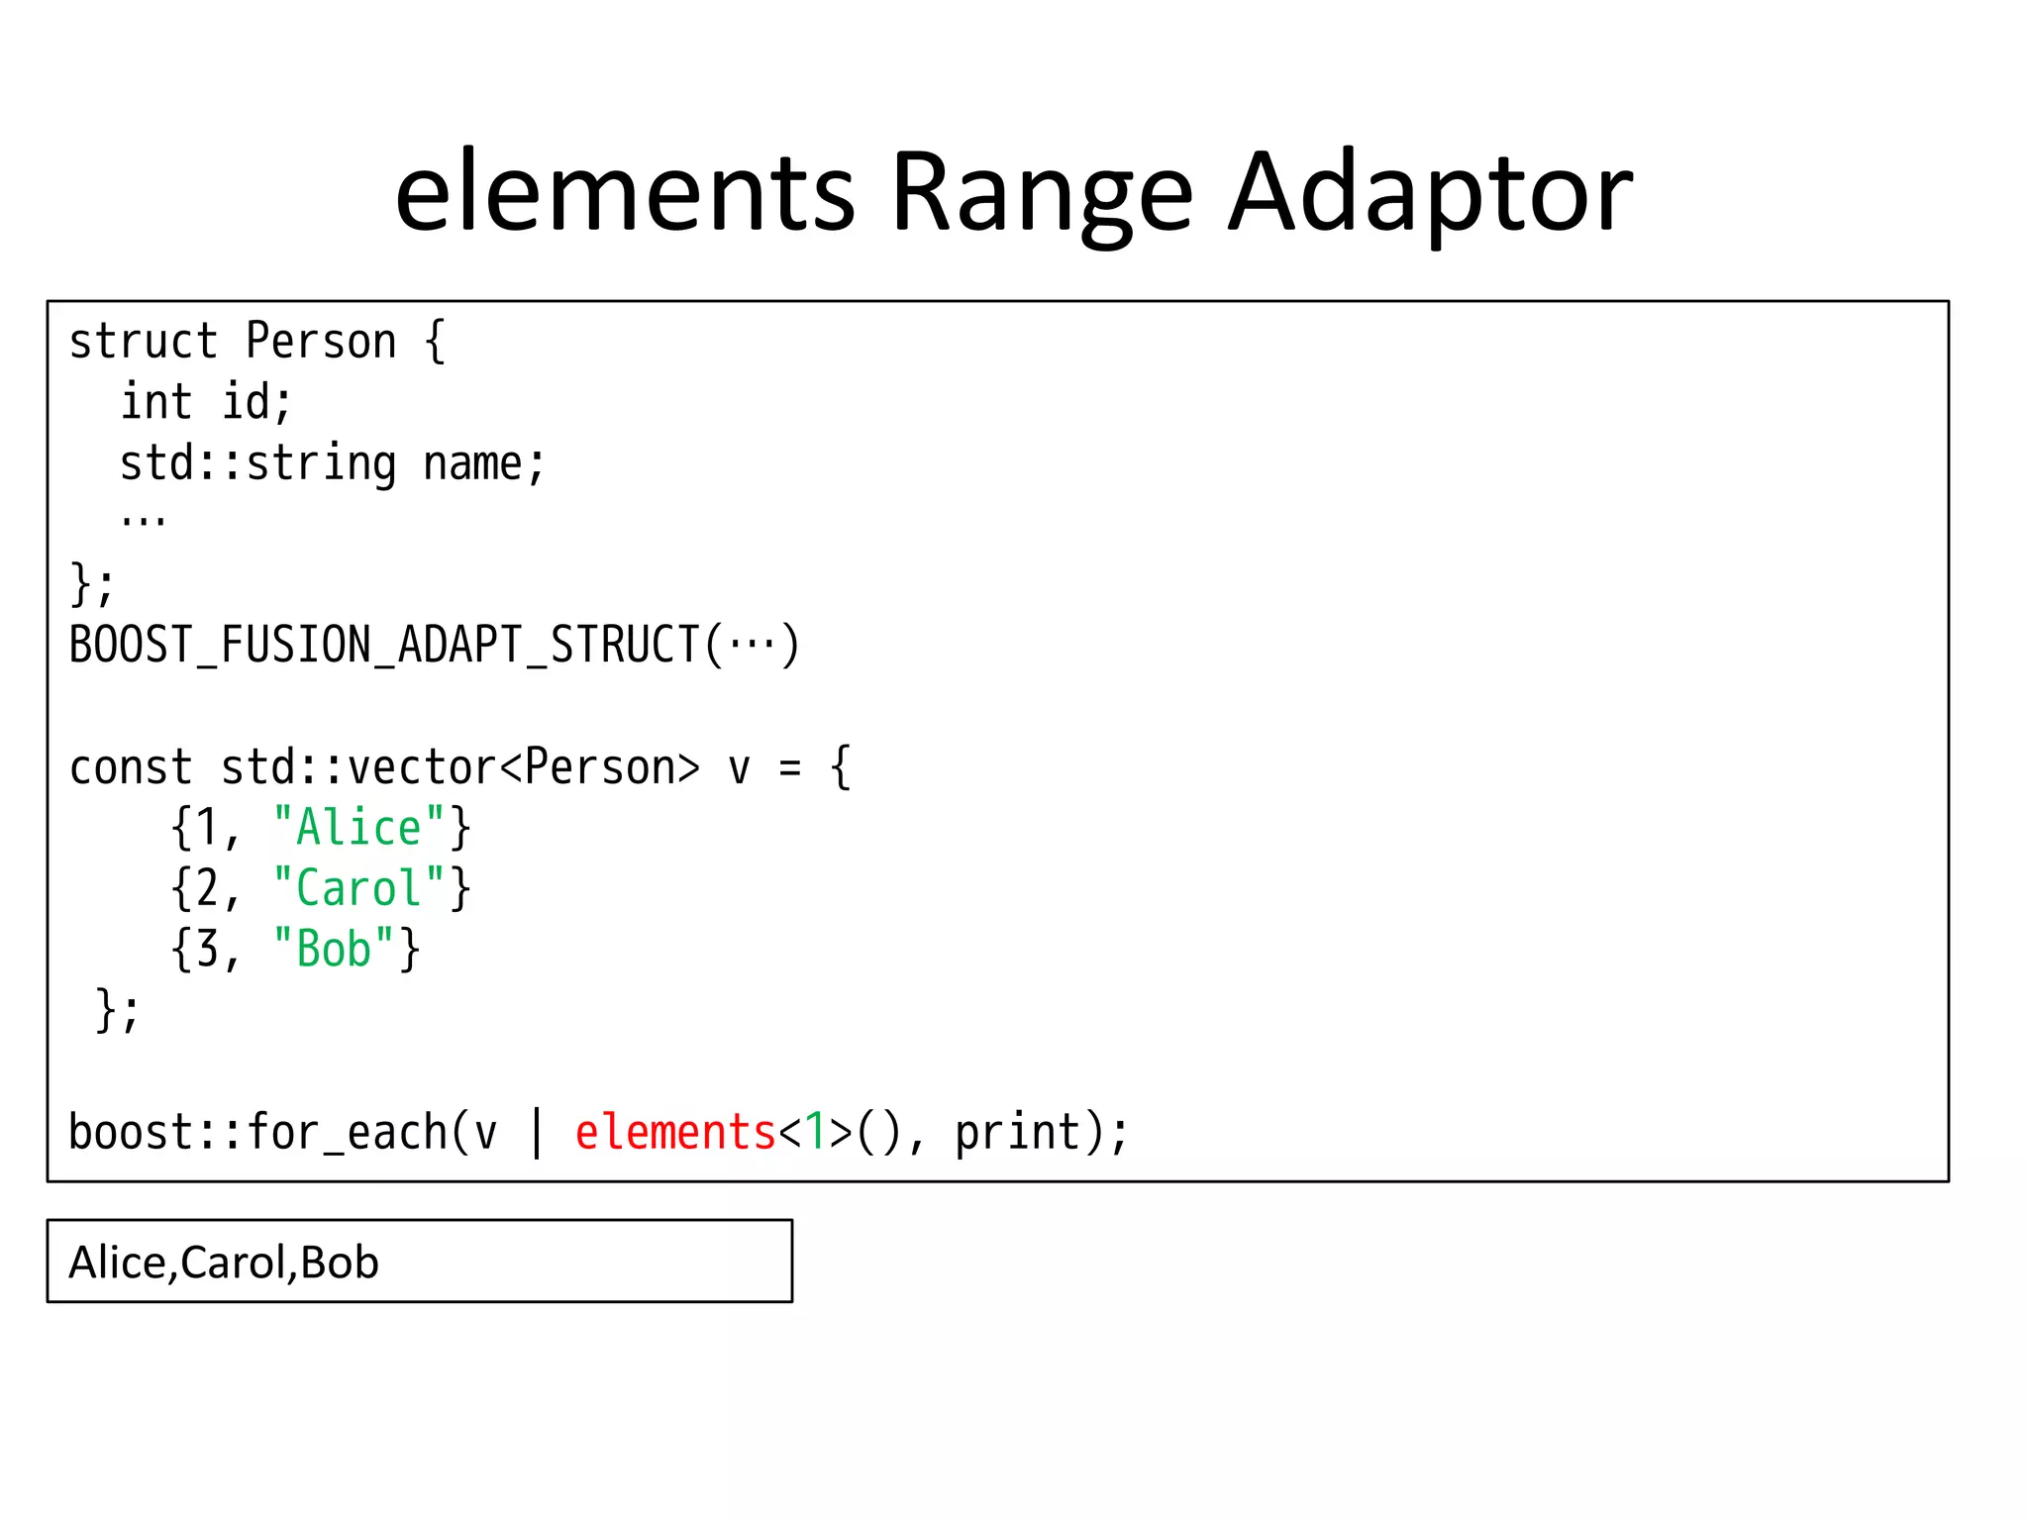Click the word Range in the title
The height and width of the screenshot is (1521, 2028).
1043,193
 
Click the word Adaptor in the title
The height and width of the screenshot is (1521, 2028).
1430,193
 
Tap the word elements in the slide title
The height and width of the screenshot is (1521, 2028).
625,193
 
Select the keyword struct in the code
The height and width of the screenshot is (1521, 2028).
144,342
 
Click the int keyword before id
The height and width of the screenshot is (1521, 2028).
156,403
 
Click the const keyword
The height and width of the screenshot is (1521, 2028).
131,768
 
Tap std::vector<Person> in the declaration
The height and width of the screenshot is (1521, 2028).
460,768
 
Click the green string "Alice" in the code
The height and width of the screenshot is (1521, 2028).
358,828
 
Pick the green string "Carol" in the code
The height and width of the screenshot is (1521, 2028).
358,889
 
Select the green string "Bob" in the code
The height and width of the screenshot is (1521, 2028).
334,950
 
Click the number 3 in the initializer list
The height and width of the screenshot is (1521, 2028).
207,950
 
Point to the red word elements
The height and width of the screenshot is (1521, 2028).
675,1133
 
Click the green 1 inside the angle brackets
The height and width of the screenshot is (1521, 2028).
815,1133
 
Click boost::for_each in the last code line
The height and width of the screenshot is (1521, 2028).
257,1133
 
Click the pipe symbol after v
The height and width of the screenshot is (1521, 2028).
537,1133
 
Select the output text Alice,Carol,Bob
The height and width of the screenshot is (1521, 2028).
224,1263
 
